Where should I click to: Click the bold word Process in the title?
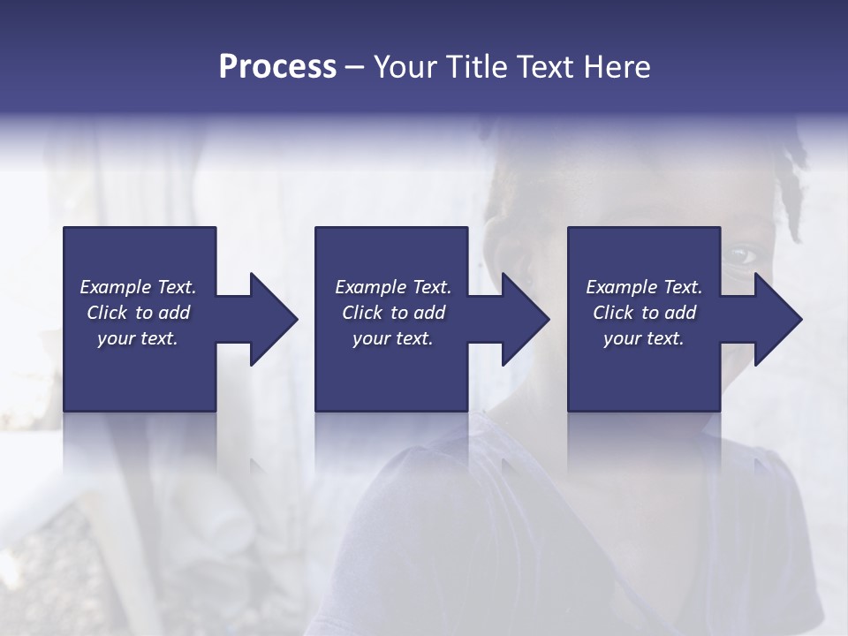(x=277, y=67)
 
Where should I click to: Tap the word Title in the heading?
(x=477, y=67)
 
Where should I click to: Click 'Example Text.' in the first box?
(x=138, y=287)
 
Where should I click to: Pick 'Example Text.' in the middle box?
(x=393, y=287)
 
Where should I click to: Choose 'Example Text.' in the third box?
(x=644, y=287)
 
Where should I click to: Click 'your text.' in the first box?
(x=138, y=338)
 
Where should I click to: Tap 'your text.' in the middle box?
(x=393, y=338)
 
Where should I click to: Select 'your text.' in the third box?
(x=644, y=338)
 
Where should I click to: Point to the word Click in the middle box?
(x=363, y=313)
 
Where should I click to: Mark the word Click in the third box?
(x=614, y=313)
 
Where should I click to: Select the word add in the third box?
(x=679, y=313)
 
